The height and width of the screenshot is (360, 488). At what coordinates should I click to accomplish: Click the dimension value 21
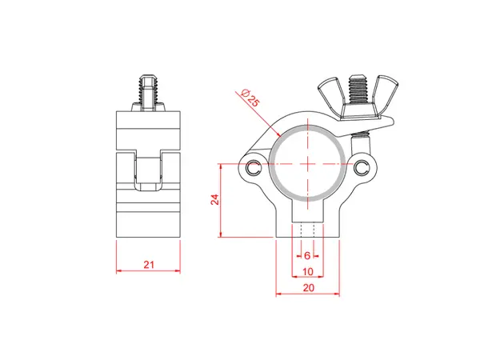[148, 263]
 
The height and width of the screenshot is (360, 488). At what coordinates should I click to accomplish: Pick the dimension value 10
[307, 271]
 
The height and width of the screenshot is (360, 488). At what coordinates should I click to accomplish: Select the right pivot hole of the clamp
[362, 167]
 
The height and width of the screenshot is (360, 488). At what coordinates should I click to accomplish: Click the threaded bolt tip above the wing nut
[357, 81]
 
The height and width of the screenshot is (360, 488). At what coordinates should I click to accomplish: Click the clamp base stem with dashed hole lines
[307, 223]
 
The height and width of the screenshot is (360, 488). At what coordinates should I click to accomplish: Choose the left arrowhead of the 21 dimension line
[119, 270]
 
